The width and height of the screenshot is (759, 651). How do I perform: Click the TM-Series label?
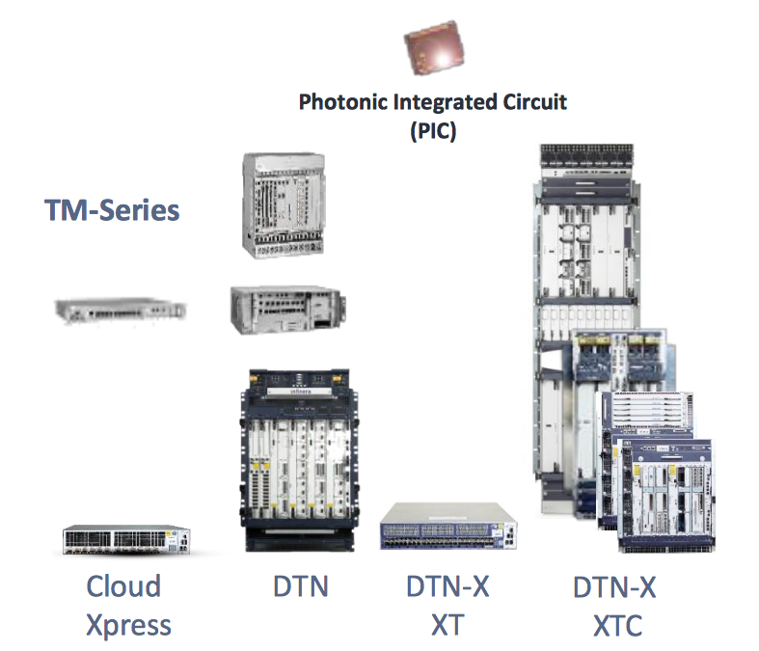click(x=112, y=209)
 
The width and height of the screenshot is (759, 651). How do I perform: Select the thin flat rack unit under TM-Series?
click(x=119, y=310)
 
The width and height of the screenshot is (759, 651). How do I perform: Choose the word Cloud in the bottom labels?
click(x=123, y=585)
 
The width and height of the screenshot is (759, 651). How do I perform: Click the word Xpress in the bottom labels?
click(x=128, y=624)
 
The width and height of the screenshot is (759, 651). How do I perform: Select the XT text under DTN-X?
click(x=447, y=624)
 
